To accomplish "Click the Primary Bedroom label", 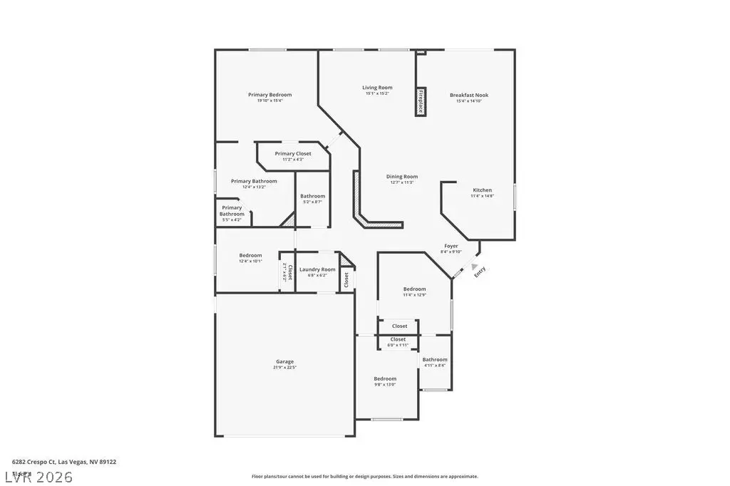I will point(269,95).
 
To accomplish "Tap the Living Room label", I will point(378,88).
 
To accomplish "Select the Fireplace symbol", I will point(421,101).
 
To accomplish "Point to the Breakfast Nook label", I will point(469,95).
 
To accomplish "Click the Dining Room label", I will point(402,177).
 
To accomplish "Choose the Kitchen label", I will point(483,190).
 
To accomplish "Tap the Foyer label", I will point(451,246).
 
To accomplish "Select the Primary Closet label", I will point(293,154).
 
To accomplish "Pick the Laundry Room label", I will point(317,269).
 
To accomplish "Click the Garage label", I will point(284,361).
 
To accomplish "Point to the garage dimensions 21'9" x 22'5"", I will point(284,368).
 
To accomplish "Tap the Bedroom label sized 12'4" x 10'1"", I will point(250,255).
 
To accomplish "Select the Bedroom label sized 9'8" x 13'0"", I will point(385,378).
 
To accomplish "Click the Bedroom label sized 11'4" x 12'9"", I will point(414,289).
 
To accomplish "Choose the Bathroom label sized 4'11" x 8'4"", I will point(435,360).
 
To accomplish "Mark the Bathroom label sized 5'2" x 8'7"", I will point(312,196).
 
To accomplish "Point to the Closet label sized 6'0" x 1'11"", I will point(398,339).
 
